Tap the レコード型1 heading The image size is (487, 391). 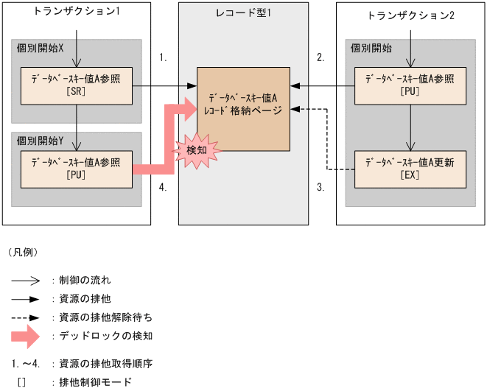coord(242,13)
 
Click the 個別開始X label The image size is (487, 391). coord(41,48)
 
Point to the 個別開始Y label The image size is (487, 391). coord(41,140)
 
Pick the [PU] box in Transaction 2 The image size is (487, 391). coord(410,85)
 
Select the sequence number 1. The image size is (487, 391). coord(164,57)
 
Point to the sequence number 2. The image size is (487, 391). coord(320,57)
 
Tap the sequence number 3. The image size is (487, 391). coord(320,188)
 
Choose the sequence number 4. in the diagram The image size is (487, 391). coord(164,188)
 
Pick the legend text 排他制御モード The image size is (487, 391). coord(96,381)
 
